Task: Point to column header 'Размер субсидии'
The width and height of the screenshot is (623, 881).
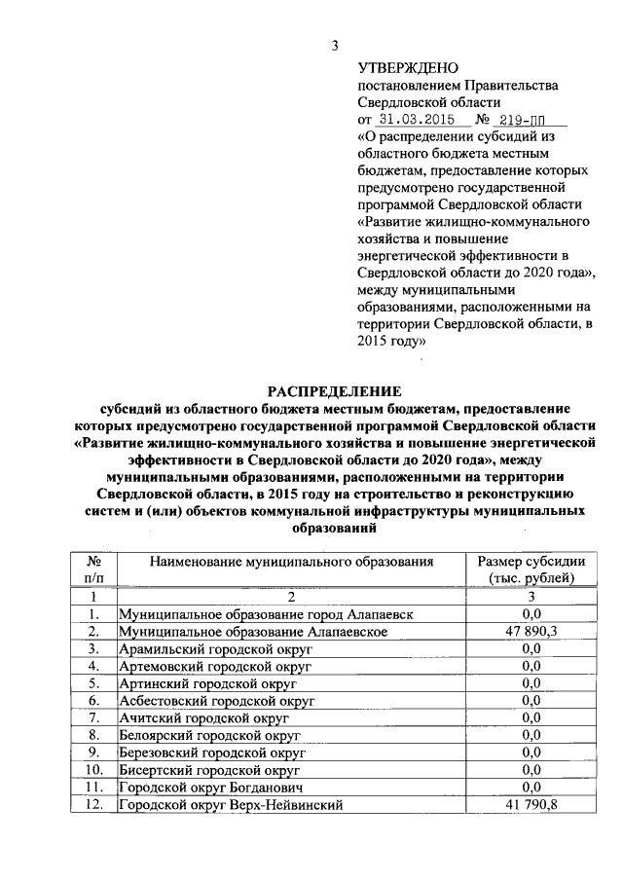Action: pyautogui.click(x=531, y=562)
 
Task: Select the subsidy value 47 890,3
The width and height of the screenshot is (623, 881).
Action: pyautogui.click(x=531, y=632)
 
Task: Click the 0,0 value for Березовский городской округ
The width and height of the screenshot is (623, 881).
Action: pyautogui.click(x=531, y=753)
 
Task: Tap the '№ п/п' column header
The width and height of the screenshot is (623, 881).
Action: pyautogui.click(x=94, y=569)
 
